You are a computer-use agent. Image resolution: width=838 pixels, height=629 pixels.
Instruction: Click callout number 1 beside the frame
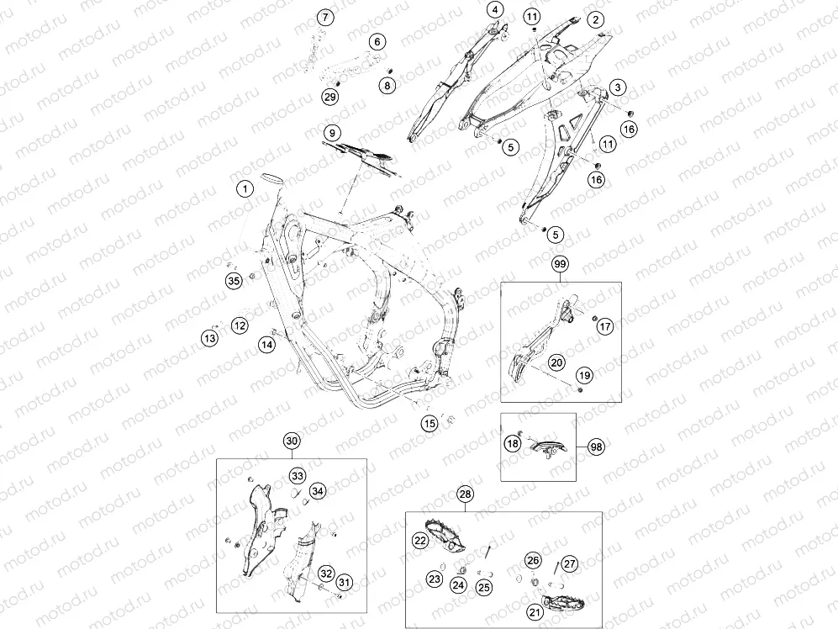pyautogui.click(x=245, y=189)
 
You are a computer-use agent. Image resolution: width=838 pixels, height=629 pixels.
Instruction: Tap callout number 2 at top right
pyautogui.click(x=595, y=20)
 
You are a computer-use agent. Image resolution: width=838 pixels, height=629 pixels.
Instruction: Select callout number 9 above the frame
pyautogui.click(x=332, y=133)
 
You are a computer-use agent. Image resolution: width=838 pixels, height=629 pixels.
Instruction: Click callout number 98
pyautogui.click(x=596, y=447)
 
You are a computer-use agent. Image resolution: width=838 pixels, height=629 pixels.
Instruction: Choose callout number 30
pyautogui.click(x=292, y=441)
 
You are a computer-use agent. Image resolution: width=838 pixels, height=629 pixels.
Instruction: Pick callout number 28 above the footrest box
pyautogui.click(x=466, y=494)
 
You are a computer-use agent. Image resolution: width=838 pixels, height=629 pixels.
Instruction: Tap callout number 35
pyautogui.click(x=234, y=281)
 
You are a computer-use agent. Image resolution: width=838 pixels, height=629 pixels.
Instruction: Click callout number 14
pyautogui.click(x=266, y=345)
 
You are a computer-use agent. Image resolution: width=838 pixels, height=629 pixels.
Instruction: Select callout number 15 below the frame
pyautogui.click(x=430, y=424)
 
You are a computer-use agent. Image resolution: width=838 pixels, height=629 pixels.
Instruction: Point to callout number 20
pyautogui.click(x=557, y=362)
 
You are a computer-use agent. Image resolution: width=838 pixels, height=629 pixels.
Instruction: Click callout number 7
pyautogui.click(x=325, y=18)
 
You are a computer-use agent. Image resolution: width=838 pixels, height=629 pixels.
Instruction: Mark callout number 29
pyautogui.click(x=330, y=97)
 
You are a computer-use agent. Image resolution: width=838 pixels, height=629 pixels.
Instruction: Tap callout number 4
pyautogui.click(x=495, y=9)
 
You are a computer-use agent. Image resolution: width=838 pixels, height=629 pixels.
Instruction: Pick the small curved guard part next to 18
pyautogui.click(x=546, y=447)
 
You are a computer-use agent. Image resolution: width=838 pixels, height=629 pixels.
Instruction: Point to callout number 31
pyautogui.click(x=344, y=583)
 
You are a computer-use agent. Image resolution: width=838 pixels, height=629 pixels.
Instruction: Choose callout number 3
pyautogui.click(x=618, y=87)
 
